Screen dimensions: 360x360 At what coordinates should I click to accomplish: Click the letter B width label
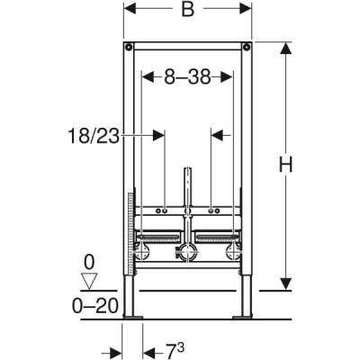tap(187, 12)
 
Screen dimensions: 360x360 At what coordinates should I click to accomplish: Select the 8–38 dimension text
tap(188, 78)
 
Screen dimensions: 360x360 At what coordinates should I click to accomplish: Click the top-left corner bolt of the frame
tap(130, 47)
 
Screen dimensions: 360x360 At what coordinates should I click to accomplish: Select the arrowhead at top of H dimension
tap(285, 47)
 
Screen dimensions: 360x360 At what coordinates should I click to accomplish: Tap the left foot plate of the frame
tap(133, 317)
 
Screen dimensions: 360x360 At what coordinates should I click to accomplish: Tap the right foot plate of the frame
tap(243, 317)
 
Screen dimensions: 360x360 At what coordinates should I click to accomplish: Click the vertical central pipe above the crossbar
tap(188, 184)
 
